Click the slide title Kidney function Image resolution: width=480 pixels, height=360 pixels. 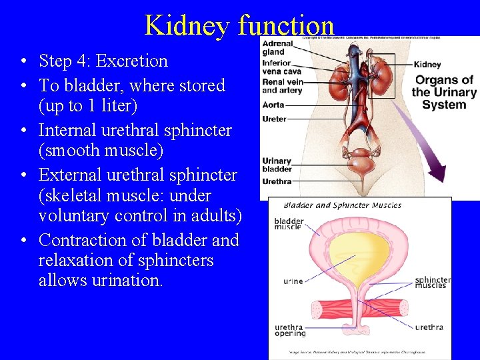239,25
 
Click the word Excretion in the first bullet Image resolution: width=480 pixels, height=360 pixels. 132,61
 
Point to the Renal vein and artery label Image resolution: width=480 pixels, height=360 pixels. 282,87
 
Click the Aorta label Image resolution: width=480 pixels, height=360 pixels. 273,105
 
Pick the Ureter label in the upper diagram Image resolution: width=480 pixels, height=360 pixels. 275,119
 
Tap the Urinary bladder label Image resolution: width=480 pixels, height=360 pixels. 277,165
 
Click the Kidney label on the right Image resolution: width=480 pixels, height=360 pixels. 427,65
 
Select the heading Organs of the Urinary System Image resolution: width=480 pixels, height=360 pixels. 443,92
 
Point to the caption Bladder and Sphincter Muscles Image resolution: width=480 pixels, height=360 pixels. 343,205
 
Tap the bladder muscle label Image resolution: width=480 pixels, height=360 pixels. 289,224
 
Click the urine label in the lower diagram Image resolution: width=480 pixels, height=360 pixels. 293,281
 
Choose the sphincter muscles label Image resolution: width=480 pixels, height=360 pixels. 432,283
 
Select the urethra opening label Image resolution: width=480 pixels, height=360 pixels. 290,330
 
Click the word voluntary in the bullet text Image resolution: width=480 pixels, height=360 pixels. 73,216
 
